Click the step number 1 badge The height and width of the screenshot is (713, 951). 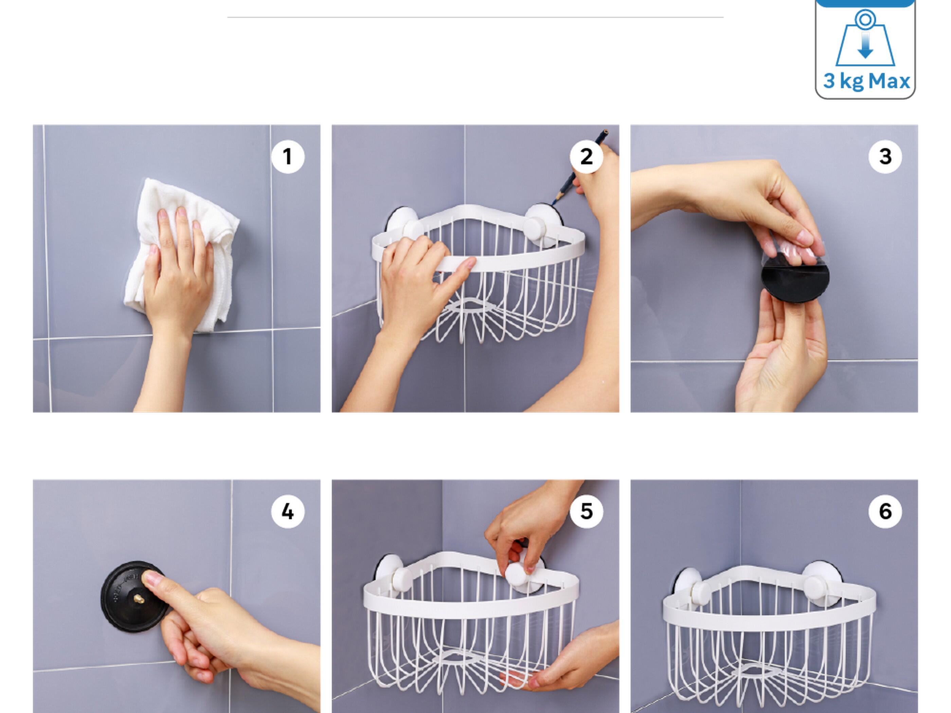(x=288, y=157)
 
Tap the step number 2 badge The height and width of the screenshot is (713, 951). (x=587, y=157)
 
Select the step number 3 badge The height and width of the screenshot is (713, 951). (x=885, y=157)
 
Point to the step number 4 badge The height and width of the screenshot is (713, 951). (x=288, y=511)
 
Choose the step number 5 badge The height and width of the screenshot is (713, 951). (x=587, y=511)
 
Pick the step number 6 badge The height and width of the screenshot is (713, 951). (x=885, y=511)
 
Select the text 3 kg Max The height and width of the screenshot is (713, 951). (x=866, y=81)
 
